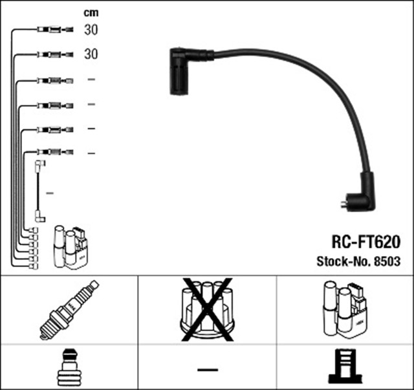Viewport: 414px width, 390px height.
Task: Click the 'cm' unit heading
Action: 91,12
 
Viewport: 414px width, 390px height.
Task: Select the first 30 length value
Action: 91,30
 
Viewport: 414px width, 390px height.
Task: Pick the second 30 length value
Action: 91,55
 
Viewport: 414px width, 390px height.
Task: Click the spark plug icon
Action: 69,310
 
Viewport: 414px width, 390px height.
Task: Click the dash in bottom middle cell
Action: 207,369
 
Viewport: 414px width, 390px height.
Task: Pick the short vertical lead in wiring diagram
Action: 39,191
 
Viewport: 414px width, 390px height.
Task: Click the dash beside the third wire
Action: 91,80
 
